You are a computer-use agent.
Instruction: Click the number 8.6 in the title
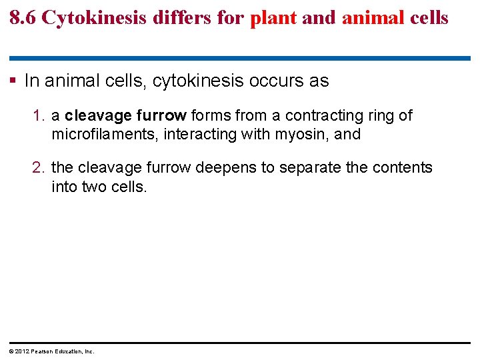coord(23,17)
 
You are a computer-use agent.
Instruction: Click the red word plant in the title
coord(273,17)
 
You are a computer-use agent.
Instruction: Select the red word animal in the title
coord(372,17)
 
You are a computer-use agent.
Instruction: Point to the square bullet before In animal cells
coord(14,81)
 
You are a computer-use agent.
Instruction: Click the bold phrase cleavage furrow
coord(126,116)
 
